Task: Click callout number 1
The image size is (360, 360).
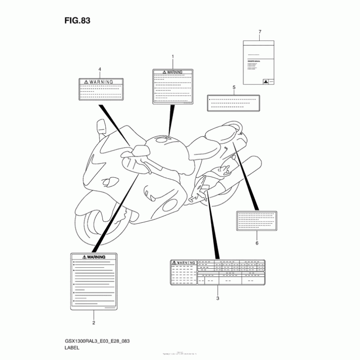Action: (x=172, y=58)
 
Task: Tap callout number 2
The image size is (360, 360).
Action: (x=94, y=323)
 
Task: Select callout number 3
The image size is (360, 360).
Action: (x=218, y=298)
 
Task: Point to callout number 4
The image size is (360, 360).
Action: (x=100, y=69)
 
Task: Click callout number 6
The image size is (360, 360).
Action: (x=257, y=243)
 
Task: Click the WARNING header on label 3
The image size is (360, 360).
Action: (x=184, y=262)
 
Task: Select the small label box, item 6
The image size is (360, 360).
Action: (x=257, y=220)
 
